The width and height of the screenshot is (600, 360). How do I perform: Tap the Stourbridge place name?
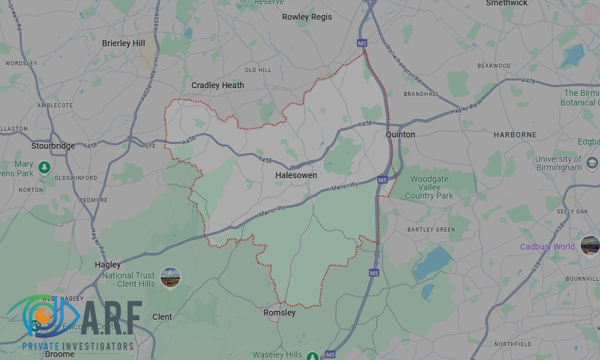(53, 146)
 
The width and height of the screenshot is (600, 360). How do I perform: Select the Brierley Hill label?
(124, 43)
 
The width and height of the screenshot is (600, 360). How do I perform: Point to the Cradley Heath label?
(218, 85)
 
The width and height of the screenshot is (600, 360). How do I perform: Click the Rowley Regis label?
(307, 17)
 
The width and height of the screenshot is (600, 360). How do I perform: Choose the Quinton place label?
(400, 134)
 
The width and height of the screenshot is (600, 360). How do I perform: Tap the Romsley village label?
(280, 313)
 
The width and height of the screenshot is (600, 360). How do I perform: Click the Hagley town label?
(108, 265)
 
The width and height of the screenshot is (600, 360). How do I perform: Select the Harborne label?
(515, 135)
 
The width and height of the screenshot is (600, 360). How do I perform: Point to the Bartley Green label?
(431, 230)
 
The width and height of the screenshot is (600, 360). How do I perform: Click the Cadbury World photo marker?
(590, 246)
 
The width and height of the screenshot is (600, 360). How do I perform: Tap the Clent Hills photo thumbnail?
(170, 277)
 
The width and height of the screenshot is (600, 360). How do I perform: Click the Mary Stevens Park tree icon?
(43, 167)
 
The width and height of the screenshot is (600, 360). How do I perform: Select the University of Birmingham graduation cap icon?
(592, 163)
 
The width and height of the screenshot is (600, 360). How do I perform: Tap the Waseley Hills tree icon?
(312, 356)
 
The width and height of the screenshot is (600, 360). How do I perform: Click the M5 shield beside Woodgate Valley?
(382, 179)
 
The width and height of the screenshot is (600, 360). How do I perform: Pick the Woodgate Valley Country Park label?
(429, 187)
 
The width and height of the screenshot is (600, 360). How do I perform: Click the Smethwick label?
(507, 3)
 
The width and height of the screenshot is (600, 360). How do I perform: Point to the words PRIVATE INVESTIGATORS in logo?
(77, 346)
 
